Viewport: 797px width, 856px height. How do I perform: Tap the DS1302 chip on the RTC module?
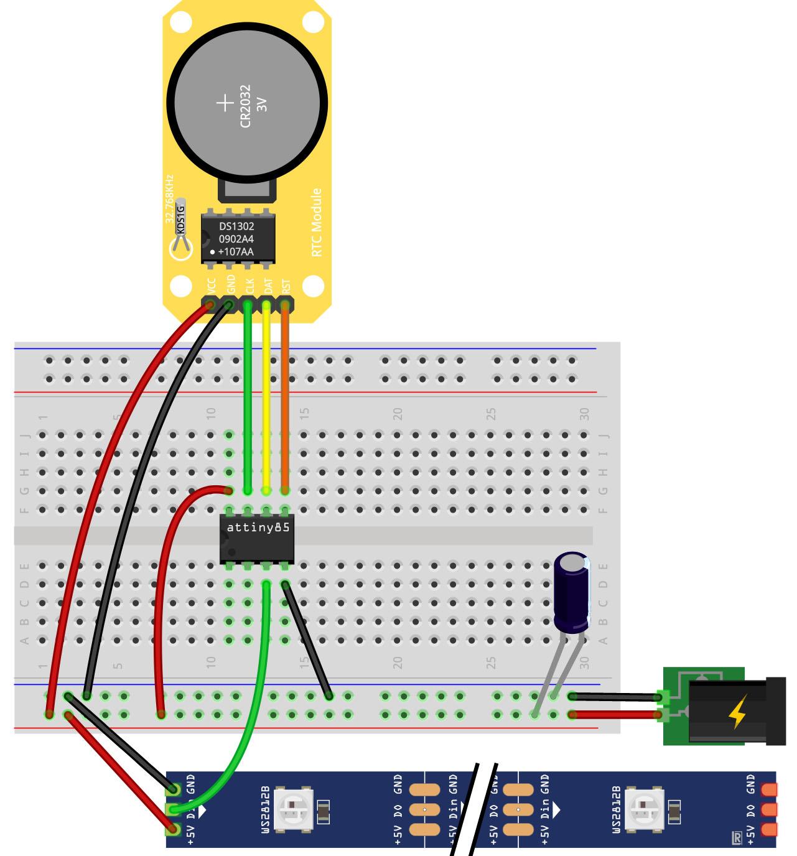(x=236, y=239)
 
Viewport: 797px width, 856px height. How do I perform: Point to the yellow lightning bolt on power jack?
(x=737, y=712)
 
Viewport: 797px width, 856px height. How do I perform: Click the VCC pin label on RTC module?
(x=212, y=286)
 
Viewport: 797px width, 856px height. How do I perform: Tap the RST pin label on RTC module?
(x=287, y=286)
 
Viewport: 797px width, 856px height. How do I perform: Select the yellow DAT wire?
(x=266, y=398)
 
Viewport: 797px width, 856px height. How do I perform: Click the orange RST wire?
(x=285, y=398)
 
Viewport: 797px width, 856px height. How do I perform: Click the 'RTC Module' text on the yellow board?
(x=317, y=222)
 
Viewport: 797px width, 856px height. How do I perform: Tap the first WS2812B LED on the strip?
(x=292, y=809)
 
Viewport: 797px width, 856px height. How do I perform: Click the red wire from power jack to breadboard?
(x=616, y=715)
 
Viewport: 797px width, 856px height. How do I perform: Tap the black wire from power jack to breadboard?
(x=616, y=697)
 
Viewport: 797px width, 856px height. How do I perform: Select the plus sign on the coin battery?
(x=225, y=103)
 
